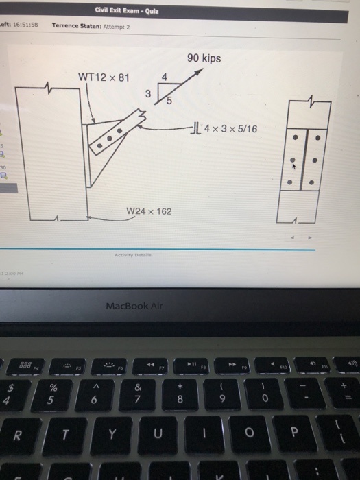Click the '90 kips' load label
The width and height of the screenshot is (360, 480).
(x=204, y=59)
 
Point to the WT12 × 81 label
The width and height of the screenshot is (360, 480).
(x=102, y=75)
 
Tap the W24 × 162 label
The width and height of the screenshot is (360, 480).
(x=149, y=211)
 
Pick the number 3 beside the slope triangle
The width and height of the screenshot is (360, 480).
(x=146, y=93)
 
